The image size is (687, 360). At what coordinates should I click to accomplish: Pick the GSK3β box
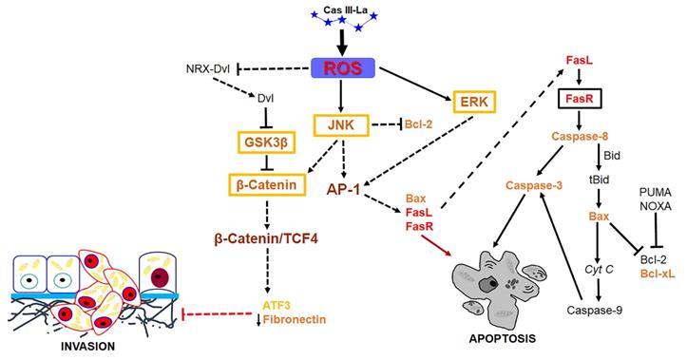(x=264, y=142)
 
